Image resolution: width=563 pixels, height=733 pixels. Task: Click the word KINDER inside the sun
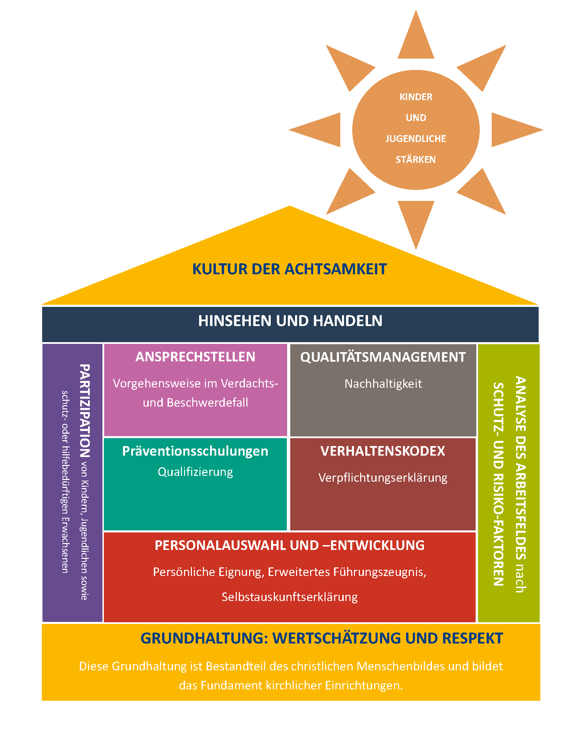416,97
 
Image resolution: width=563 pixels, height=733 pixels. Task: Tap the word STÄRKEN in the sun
416,159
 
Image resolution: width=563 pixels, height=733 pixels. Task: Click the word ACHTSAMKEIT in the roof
336,269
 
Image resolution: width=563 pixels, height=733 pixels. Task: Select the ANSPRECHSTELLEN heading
195,357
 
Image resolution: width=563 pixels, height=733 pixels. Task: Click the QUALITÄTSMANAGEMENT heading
383,357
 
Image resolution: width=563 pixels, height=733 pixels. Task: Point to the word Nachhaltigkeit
383,384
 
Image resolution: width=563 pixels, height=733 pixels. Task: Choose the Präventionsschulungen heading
195,452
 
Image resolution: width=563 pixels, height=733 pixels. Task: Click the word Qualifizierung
195,472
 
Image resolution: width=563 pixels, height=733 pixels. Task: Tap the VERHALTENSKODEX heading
383,451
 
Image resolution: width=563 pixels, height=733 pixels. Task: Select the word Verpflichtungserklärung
383,478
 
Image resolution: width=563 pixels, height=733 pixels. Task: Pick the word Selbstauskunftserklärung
290,597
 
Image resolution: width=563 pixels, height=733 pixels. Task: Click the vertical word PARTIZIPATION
85,411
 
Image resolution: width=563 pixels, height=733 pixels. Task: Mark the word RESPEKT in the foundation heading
473,638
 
